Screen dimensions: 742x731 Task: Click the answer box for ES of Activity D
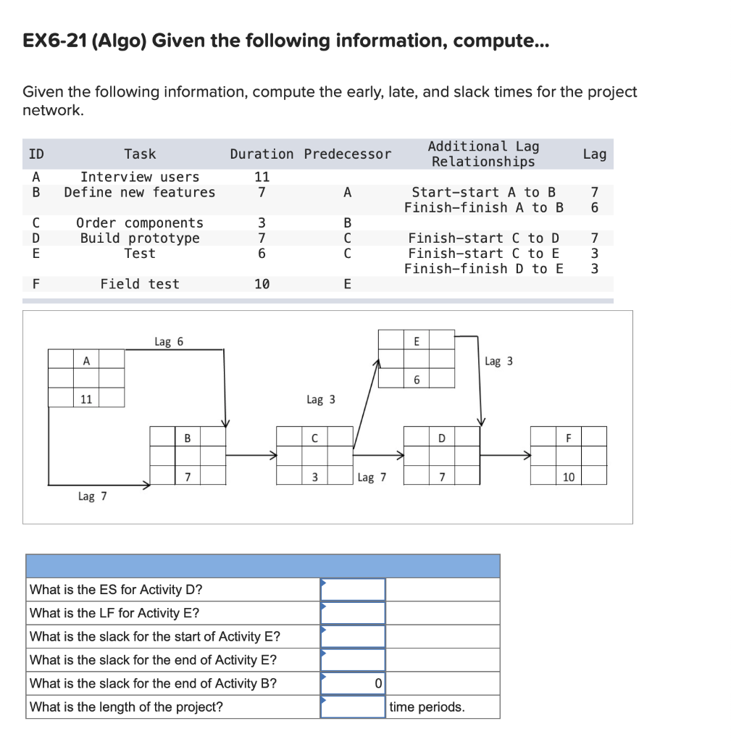(x=353, y=589)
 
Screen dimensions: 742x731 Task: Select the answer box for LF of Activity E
(x=353, y=613)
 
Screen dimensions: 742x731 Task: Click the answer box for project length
(x=353, y=706)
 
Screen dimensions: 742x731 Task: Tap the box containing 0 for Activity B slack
(x=353, y=683)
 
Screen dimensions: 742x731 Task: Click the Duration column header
(x=262, y=154)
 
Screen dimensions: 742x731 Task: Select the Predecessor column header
(x=347, y=154)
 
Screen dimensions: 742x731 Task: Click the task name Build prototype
(x=140, y=238)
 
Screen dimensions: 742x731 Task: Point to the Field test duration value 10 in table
(x=262, y=284)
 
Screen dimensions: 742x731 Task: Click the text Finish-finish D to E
(x=483, y=269)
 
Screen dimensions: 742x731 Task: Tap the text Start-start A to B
(x=483, y=192)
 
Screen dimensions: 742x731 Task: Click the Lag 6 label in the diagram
(x=169, y=341)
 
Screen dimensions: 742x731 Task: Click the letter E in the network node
(x=416, y=340)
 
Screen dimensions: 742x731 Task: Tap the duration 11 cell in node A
(x=86, y=398)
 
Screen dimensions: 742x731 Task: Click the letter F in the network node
(x=568, y=437)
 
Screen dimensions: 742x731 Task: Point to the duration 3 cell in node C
(x=314, y=476)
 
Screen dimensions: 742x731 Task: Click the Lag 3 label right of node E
(x=498, y=361)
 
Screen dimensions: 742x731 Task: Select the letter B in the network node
(x=187, y=437)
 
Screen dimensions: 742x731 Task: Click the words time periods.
(x=427, y=706)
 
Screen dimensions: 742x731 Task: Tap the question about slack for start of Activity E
(x=155, y=636)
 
